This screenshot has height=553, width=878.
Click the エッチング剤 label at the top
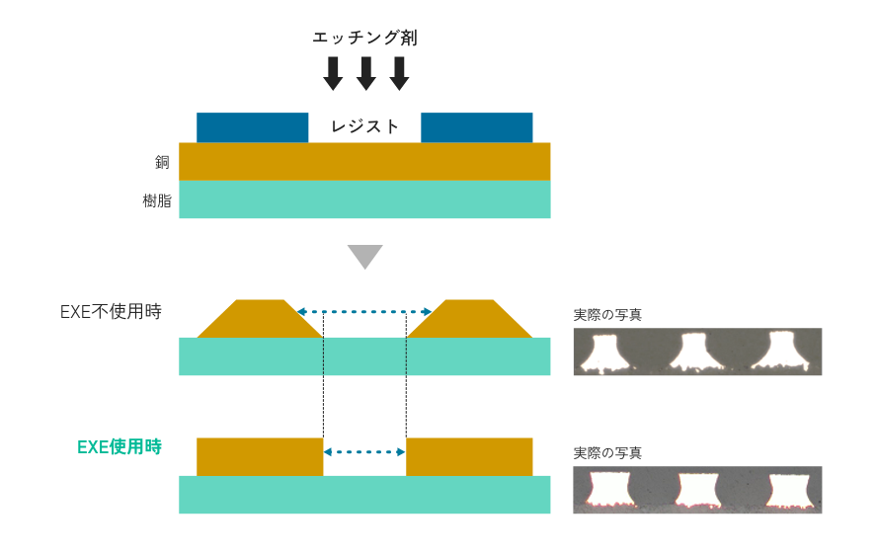pyautogui.click(x=364, y=39)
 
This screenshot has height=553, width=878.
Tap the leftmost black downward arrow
pyautogui.click(x=334, y=73)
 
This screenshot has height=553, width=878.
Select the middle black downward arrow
pyautogui.click(x=366, y=73)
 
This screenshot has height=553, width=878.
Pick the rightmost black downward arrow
pyautogui.click(x=399, y=73)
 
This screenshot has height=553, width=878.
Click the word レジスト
pyautogui.click(x=364, y=126)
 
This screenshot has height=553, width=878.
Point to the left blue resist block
pyautogui.click(x=252, y=127)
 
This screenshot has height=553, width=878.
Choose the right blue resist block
pyautogui.click(x=476, y=127)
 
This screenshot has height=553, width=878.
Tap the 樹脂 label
pyautogui.click(x=158, y=200)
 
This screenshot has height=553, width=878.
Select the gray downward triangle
pyautogui.click(x=364, y=256)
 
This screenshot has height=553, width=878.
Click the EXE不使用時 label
pyautogui.click(x=110, y=312)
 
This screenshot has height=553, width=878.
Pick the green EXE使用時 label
pyautogui.click(x=119, y=447)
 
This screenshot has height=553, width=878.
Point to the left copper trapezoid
pyautogui.click(x=260, y=320)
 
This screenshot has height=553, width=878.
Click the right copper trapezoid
pyautogui.click(x=470, y=320)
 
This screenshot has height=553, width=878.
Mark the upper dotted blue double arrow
pyautogui.click(x=364, y=311)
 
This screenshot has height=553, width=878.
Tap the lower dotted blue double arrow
pyautogui.click(x=364, y=452)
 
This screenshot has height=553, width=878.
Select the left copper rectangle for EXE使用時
pyautogui.click(x=260, y=456)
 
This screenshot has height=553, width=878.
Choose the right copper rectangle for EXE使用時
pyautogui.click(x=469, y=456)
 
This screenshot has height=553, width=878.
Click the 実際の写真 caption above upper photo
pyautogui.click(x=607, y=316)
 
